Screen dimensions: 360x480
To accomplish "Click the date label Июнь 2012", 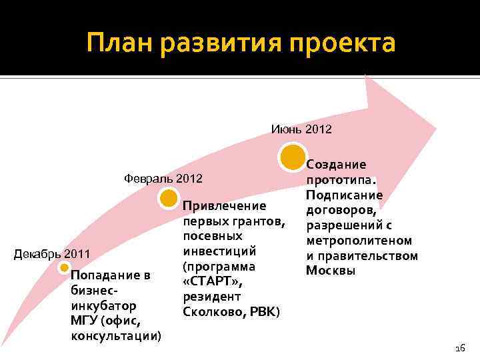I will click(301, 129).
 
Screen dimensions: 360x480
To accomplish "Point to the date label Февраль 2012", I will click(163, 179).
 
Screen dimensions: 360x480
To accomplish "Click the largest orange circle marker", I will click(293, 157).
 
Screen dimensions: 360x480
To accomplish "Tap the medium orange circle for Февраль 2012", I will click(167, 198).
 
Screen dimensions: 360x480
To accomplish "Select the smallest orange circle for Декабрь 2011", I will click(64, 268).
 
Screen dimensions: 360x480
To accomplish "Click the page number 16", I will click(459, 348).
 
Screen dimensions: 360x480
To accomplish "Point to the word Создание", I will click(336, 165).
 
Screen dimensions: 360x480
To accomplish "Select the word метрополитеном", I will click(359, 241).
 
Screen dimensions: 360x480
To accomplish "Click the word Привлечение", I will click(224, 206).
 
